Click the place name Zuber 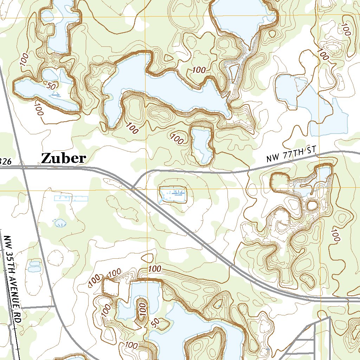pos(63,158)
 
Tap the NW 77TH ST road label pos(291,155)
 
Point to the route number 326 pos(5,161)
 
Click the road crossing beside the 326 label pos(22,168)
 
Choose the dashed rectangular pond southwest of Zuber pos(71,199)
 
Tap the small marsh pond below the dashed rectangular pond pos(60,223)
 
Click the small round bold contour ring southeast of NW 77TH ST pos(312,205)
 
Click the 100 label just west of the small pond pos(177,139)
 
